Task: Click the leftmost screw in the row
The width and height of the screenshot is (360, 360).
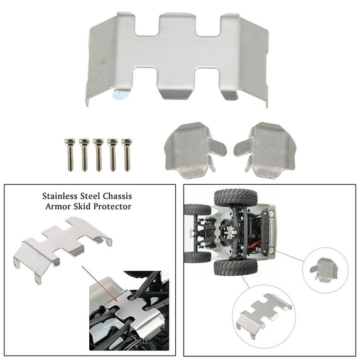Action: tap(70, 155)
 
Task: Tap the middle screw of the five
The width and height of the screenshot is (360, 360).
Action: tap(98, 155)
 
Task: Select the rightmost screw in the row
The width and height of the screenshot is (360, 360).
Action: tap(127, 155)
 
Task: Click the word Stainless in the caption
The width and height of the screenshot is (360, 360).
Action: tap(60, 197)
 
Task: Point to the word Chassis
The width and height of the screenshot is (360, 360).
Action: tap(117, 197)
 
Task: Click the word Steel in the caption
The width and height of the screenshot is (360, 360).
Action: tap(90, 197)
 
